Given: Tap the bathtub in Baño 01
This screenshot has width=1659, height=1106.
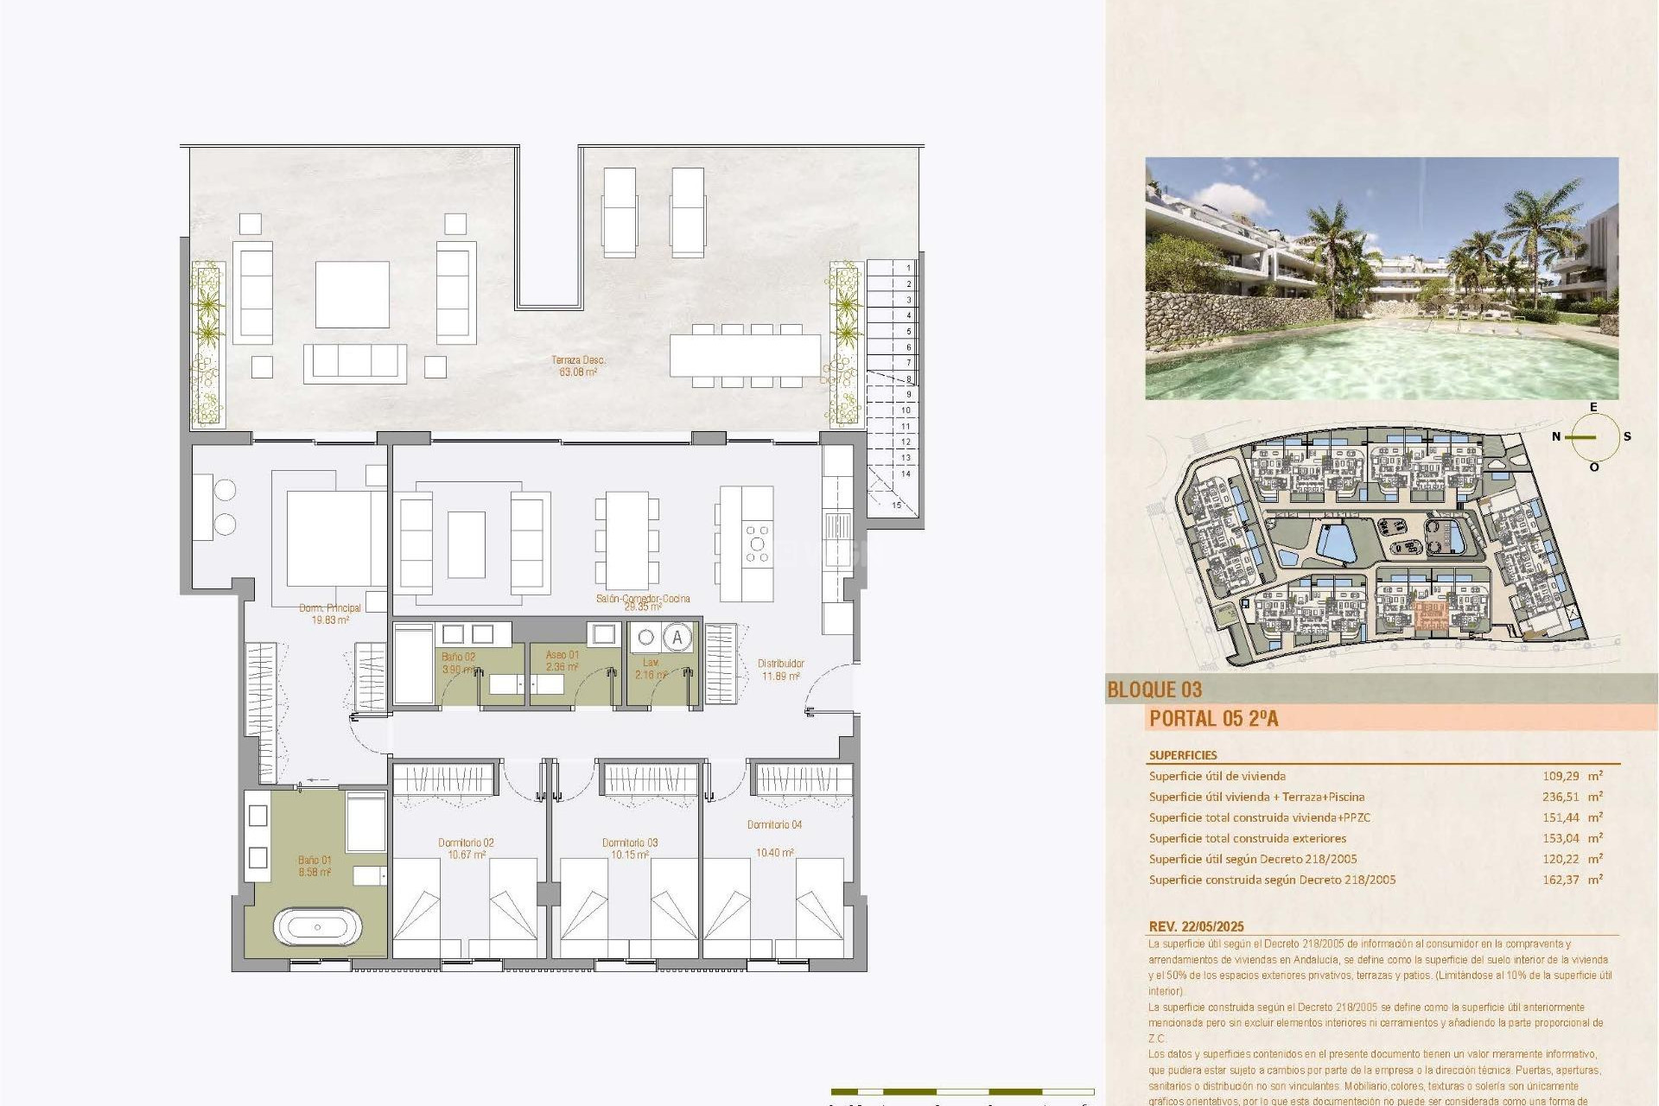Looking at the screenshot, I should [x=317, y=927].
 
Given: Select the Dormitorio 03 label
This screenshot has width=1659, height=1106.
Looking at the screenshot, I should [x=630, y=842].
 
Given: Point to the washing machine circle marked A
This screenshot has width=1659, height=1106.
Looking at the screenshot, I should [x=677, y=639].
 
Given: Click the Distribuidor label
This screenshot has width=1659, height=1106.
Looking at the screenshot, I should [x=781, y=664].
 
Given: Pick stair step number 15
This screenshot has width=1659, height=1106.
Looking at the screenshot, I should [x=897, y=505].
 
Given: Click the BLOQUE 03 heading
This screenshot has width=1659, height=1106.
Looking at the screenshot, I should [x=1154, y=690].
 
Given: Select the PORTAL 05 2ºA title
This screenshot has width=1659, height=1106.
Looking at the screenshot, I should [x=1213, y=718].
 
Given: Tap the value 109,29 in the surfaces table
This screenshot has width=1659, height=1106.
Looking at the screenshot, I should [x=1560, y=776].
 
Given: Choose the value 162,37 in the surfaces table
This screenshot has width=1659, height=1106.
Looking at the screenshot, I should [x=1560, y=880].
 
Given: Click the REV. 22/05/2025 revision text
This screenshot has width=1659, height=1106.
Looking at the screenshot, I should [x=1196, y=926].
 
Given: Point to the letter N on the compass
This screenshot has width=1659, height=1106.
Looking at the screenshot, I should [x=1556, y=436].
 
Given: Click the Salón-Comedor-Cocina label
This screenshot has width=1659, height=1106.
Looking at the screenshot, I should [x=643, y=599].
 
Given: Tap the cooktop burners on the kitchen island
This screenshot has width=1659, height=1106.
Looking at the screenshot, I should [x=757, y=544].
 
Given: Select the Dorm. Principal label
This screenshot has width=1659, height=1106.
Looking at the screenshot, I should [x=330, y=608].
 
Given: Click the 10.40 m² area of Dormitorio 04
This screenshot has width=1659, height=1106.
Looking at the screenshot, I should [x=775, y=853].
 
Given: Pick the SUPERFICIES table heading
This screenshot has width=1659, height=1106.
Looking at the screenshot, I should [x=1183, y=755].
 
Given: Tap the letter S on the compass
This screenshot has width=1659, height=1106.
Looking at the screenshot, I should [x=1627, y=436].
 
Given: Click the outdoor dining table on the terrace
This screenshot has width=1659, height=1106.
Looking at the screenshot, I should [x=745, y=355].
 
